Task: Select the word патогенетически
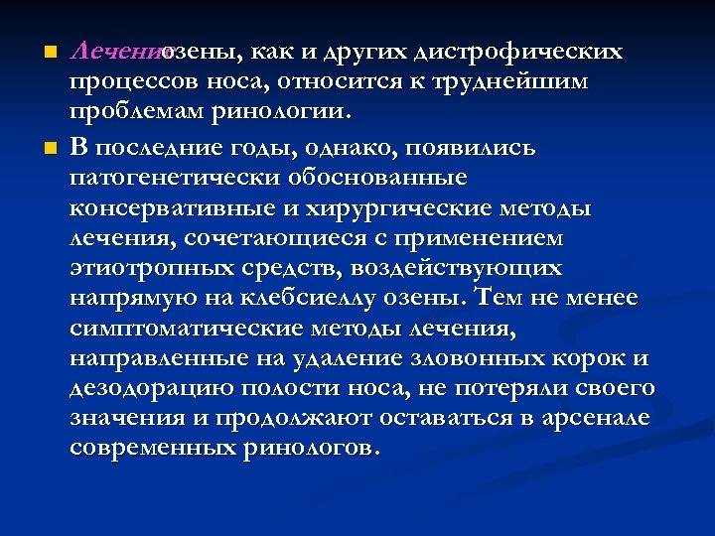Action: click(x=185, y=179)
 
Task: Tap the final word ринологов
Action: click(x=311, y=448)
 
